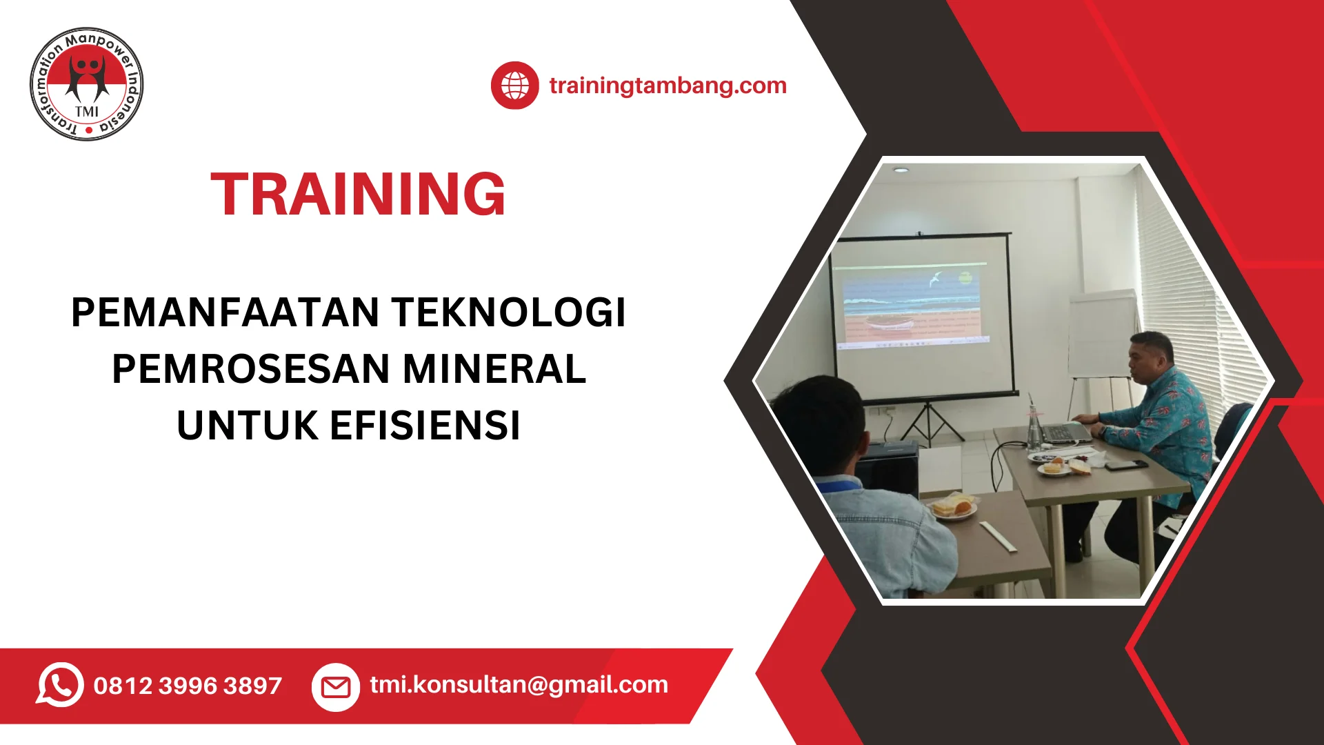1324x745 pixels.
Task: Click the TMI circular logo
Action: (87, 84)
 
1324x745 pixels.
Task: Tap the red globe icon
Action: (514, 86)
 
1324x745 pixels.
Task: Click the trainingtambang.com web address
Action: (668, 86)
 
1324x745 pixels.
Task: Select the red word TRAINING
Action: (358, 195)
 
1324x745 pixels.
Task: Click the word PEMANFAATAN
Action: (225, 312)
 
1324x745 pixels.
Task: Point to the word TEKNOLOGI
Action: (509, 312)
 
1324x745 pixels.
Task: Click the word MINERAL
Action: (494, 369)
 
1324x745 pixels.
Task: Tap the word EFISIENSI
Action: (425, 426)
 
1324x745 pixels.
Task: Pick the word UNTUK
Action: (248, 426)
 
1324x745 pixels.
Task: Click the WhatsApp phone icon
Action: (60, 685)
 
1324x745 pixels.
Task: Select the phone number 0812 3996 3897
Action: (188, 686)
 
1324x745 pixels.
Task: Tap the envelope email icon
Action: (336, 686)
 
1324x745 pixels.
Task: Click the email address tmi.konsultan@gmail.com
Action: (519, 685)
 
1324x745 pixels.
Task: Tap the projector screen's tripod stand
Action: (930, 422)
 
